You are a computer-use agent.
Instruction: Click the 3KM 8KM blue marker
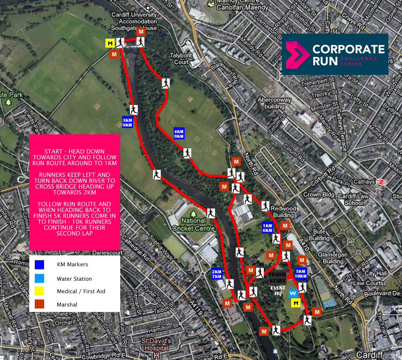tap(128, 123)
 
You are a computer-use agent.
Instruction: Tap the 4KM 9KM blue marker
tap(179, 134)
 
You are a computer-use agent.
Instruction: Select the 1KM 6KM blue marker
tap(267, 228)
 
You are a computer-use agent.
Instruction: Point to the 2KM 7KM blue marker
tap(217, 274)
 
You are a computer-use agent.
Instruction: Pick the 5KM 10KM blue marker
tap(301, 274)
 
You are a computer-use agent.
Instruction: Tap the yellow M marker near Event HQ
tap(296, 303)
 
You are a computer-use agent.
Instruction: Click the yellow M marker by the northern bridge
tap(110, 43)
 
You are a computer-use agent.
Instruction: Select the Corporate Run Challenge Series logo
tap(335, 54)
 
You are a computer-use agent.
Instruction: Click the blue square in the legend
tap(39, 264)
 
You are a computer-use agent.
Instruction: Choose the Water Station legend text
tap(74, 279)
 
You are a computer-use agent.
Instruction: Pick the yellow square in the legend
tap(39, 291)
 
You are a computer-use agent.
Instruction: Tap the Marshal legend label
tap(67, 305)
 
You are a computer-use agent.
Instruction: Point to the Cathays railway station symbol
tap(381, 182)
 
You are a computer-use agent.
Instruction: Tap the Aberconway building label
tap(274, 103)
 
